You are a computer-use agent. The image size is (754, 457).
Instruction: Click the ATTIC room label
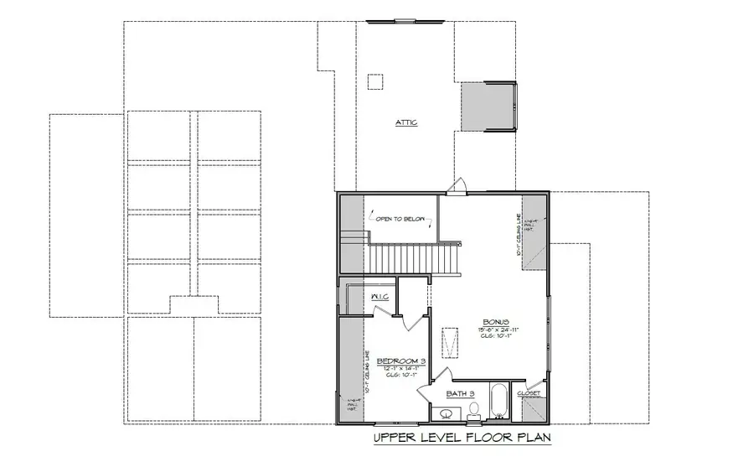coord(406,123)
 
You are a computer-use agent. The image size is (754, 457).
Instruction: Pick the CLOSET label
coord(529,392)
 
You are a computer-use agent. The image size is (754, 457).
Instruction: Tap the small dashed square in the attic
coord(374,82)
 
